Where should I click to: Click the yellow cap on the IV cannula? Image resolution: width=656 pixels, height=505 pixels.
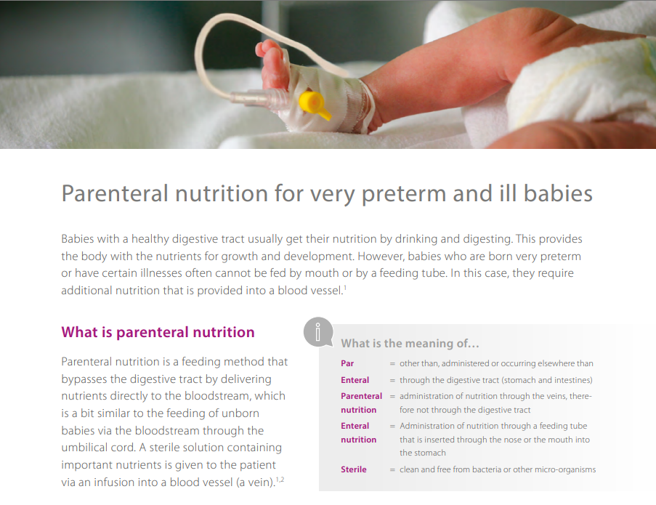pos(314,105)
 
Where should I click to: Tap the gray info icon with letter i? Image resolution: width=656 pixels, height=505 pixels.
pos(318,332)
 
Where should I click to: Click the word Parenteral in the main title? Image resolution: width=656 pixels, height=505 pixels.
pos(115,193)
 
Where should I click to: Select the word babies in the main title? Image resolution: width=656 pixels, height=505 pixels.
pos(558,193)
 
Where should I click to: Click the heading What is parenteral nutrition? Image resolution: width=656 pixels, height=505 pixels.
pos(158,332)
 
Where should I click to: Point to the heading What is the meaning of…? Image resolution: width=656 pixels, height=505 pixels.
pos(410,344)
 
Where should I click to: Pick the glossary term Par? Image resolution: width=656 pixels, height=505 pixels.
pos(347,363)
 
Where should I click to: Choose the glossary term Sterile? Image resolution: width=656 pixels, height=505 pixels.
pos(354,469)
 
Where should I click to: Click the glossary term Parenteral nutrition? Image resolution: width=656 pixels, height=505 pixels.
pos(362,403)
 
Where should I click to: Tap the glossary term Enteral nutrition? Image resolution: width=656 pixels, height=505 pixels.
pos(359,432)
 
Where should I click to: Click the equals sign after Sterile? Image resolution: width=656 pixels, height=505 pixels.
pos(392,470)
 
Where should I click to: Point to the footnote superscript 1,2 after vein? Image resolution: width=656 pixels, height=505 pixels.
pos(280,480)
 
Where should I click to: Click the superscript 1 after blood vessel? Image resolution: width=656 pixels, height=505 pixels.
pos(345,288)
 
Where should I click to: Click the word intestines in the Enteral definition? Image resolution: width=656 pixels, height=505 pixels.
pos(572,380)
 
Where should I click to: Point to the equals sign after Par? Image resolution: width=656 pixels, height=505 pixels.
pos(392,364)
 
